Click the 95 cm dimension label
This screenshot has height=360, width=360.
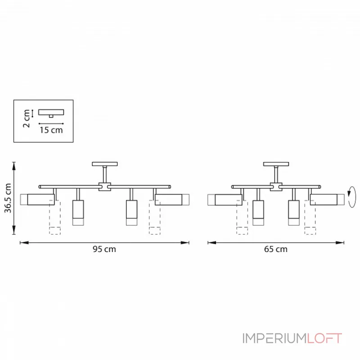(104, 249)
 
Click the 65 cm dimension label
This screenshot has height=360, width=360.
(276, 249)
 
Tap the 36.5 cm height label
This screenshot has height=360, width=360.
(8, 198)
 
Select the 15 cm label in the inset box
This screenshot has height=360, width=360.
(51, 130)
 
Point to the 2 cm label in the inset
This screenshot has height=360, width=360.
(27, 118)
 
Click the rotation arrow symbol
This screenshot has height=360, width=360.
(352, 197)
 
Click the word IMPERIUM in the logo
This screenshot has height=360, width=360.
(274, 338)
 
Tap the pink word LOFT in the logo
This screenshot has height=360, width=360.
(324, 338)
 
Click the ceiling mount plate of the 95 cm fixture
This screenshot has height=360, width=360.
(105, 164)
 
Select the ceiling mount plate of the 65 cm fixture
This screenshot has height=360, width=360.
(276, 164)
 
